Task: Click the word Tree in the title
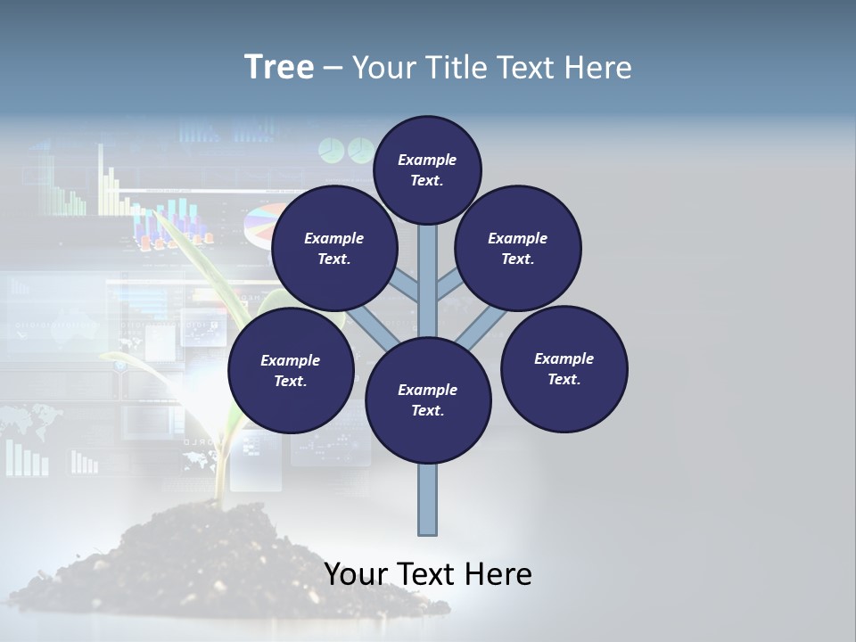pos(279,68)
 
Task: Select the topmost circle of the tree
pos(427,169)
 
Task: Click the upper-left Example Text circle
pos(334,248)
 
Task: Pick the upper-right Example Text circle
pos(518,248)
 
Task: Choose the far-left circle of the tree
pos(291,370)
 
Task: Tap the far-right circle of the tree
pos(564,368)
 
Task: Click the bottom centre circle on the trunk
pos(428,399)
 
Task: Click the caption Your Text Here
pos(428,574)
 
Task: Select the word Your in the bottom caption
pos(357,574)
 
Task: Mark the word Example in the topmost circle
pos(427,160)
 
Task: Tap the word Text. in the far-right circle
pos(564,379)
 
